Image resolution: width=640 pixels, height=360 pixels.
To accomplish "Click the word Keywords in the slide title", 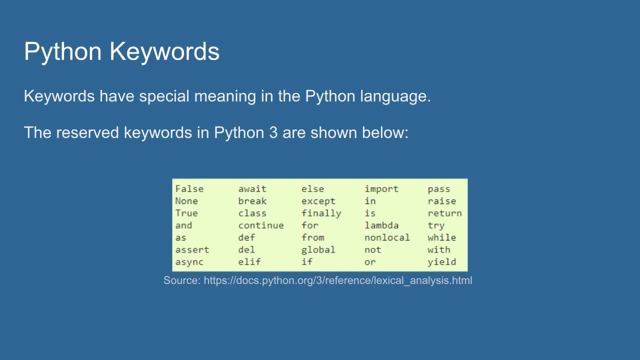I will (164, 51).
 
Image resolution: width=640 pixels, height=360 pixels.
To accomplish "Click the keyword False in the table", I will (189, 189).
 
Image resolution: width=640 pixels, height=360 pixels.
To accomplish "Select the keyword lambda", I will (381, 225).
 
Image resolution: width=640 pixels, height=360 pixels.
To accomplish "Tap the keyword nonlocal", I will (387, 237).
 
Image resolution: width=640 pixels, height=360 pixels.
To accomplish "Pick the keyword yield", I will (441, 262).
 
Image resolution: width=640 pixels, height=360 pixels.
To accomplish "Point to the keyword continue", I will (260, 225).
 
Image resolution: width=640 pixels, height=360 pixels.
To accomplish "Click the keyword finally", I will (321, 213).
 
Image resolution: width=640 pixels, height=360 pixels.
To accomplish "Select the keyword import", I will (381, 189).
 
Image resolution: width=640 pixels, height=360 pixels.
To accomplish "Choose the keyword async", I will (189, 262).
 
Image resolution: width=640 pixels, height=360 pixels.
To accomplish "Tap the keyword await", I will (252, 189).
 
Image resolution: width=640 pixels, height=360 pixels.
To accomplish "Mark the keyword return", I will (444, 213).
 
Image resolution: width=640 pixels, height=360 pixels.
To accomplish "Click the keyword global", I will (318, 250).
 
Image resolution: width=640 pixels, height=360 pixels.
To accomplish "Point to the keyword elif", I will (249, 262).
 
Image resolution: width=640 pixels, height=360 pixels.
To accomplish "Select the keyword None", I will (186, 201).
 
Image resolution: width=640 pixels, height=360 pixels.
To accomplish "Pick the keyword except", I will (318, 201).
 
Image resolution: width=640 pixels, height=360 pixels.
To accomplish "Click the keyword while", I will (441, 237).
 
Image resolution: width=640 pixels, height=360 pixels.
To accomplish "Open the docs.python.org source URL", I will (337, 280).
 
